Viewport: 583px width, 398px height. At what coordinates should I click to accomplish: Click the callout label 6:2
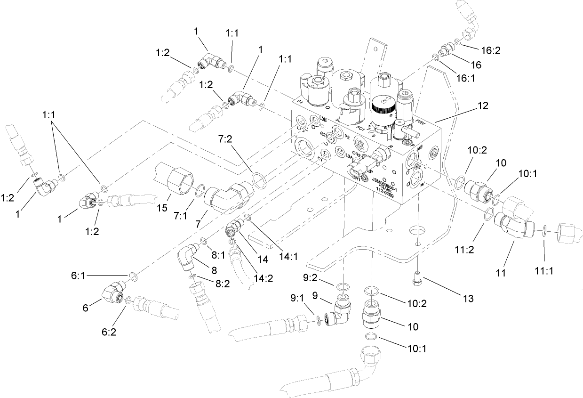point(109,332)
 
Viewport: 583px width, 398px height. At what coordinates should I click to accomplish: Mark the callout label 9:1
point(296,298)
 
